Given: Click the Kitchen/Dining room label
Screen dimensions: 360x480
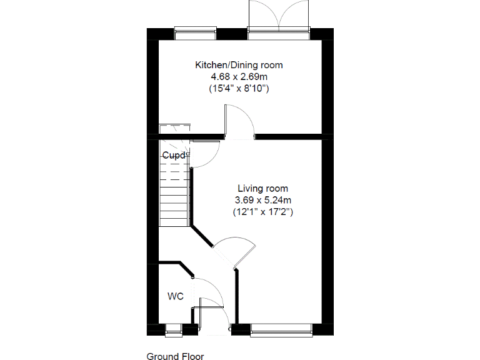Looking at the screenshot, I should [239, 65].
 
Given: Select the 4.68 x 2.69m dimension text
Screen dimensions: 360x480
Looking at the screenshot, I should [239, 77].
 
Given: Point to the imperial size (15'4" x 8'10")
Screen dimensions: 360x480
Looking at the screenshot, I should [239, 89].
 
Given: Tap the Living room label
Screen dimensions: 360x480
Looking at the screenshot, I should [262, 188].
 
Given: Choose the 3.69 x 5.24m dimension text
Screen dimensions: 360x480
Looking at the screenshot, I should [262, 200].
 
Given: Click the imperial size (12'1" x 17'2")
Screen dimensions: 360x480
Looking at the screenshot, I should [262, 212].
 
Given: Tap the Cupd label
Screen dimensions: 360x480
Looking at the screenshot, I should [174, 155].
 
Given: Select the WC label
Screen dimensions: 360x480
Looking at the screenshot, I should [175, 296].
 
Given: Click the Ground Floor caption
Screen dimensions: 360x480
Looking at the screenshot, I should [175, 356].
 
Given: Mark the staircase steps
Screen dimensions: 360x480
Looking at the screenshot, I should [174, 194].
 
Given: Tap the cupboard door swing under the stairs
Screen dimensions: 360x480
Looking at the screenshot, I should [204, 154].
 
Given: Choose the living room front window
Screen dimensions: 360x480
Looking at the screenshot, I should [281, 327].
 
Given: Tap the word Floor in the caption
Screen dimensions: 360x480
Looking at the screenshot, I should [192, 356].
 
